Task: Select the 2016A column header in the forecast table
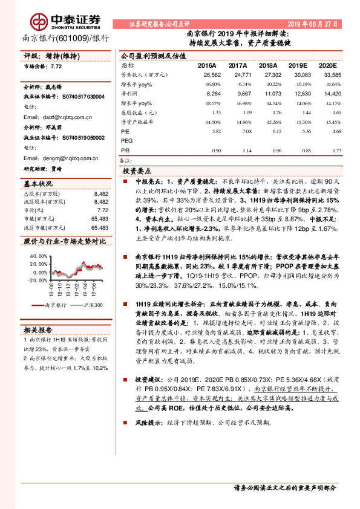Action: pyautogui.click(x=208, y=65)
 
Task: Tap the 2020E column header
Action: pyautogui.click(x=327, y=65)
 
